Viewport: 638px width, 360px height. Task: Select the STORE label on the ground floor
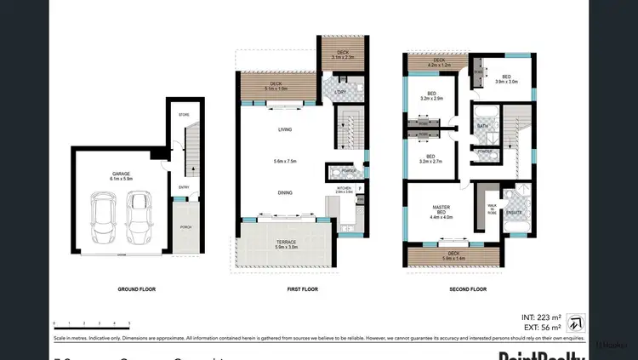pyautogui.click(x=183, y=114)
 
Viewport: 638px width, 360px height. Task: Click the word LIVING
pyautogui.click(x=285, y=130)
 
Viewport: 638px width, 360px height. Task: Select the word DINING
pyautogui.click(x=285, y=192)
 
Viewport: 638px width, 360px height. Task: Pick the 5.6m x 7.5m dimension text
pyautogui.click(x=285, y=162)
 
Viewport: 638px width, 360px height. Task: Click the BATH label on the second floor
pyautogui.click(x=482, y=126)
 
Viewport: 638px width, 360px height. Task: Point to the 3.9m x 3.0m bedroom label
pyautogui.click(x=506, y=79)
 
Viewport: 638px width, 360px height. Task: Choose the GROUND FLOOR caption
pyautogui.click(x=136, y=289)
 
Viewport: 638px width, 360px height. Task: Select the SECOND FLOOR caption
pyautogui.click(x=468, y=289)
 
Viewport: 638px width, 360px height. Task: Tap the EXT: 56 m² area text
pyautogui.click(x=540, y=327)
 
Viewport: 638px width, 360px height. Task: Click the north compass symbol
pyautogui.click(x=576, y=321)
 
